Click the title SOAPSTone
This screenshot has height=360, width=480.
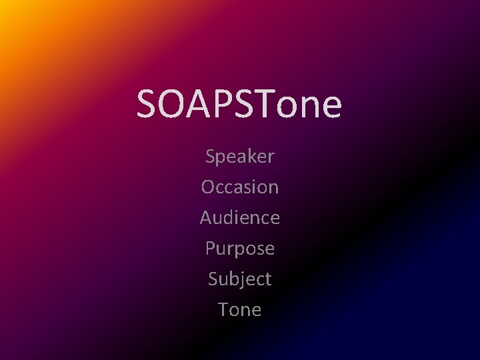[239, 104]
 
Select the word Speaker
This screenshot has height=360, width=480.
[240, 157]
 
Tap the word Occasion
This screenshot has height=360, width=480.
[240, 187]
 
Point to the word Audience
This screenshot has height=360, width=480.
[240, 218]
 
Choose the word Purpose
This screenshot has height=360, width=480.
[240, 249]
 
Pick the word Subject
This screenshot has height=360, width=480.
[240, 279]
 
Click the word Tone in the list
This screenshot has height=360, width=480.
[240, 310]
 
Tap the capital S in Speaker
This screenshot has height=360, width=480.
[211, 157]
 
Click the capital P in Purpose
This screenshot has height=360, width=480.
[210, 249]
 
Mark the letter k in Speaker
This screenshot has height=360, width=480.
[249, 157]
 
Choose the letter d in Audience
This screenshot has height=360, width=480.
[232, 218]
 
